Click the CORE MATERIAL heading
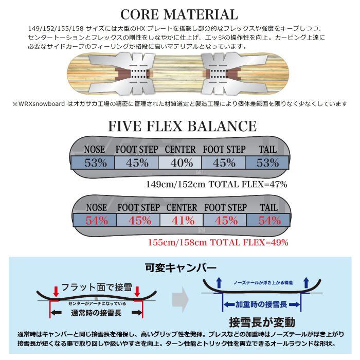180,14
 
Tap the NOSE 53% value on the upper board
96,163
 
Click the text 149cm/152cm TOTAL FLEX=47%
217,184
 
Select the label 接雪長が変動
258,322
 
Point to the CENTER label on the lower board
182,207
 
